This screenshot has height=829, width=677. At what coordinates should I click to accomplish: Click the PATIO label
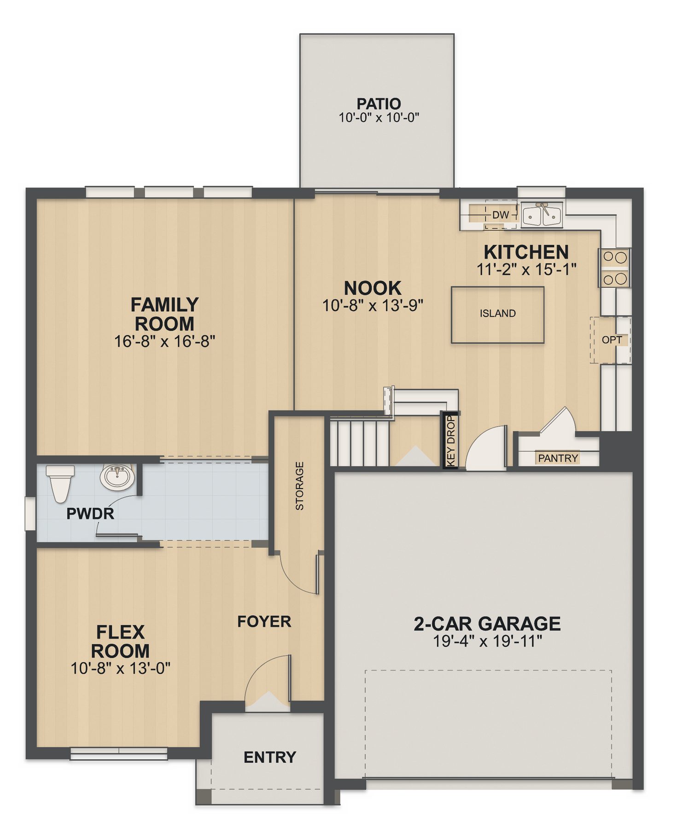click(x=379, y=104)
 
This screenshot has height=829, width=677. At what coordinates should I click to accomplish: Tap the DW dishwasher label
click(x=500, y=215)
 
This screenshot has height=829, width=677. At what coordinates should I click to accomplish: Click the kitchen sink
click(x=542, y=215)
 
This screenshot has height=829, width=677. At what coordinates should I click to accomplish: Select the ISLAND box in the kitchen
click(x=497, y=315)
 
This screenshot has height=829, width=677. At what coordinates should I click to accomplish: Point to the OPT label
click(x=612, y=340)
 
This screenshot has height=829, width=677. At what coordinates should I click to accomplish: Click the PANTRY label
click(x=558, y=458)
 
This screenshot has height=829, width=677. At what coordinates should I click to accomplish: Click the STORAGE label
click(x=300, y=486)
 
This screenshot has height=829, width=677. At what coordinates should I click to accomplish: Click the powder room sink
click(x=117, y=477)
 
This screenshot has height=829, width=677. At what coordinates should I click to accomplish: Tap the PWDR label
click(x=90, y=514)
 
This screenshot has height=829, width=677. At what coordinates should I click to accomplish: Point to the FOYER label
click(x=264, y=622)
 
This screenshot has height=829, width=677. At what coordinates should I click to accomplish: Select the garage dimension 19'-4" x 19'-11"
click(x=487, y=641)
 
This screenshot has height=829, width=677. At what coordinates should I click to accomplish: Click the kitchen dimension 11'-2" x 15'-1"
click(x=526, y=269)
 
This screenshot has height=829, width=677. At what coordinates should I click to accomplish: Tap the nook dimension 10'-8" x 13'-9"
click(x=373, y=305)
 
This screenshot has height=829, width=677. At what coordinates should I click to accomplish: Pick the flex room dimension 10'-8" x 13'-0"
click(x=120, y=668)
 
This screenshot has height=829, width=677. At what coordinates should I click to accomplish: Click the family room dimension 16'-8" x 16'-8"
click(x=164, y=341)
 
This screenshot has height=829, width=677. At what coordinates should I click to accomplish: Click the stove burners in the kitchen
click(x=615, y=268)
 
